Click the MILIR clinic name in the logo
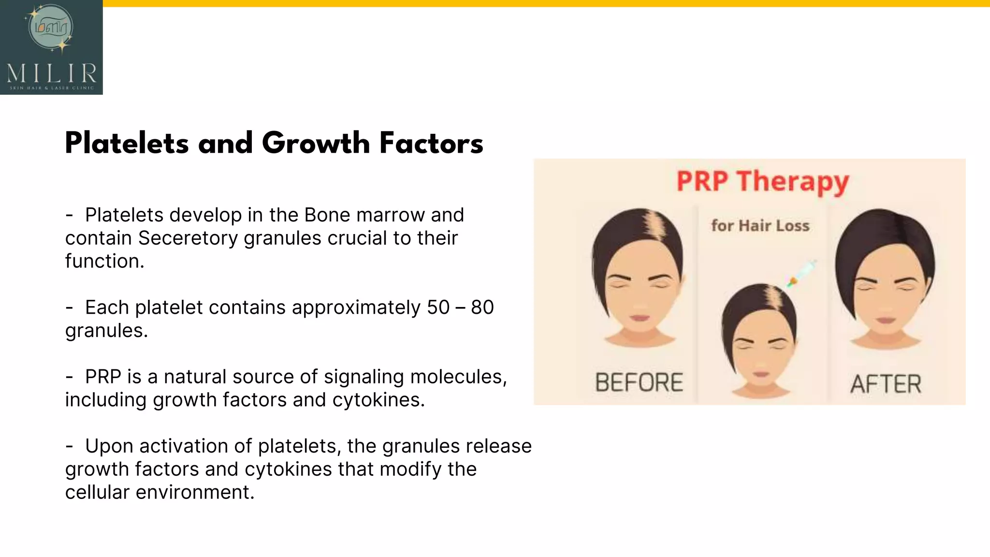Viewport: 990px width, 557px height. (52, 73)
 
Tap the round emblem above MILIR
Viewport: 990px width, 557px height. (51, 28)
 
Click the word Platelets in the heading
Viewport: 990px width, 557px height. (127, 144)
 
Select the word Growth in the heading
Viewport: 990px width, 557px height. (316, 144)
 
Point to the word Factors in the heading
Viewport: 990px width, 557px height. (431, 144)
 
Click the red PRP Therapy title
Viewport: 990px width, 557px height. (762, 182)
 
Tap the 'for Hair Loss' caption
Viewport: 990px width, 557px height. (760, 226)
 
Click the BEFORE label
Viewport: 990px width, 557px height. (639, 382)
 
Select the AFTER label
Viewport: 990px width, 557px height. (886, 384)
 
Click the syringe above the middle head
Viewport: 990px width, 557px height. (802, 274)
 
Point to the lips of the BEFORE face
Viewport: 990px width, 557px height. (639, 318)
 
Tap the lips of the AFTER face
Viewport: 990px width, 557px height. (887, 320)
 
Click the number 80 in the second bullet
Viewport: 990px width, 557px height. (482, 308)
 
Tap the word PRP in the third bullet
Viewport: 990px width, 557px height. (102, 377)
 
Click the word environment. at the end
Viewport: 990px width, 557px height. (195, 492)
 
